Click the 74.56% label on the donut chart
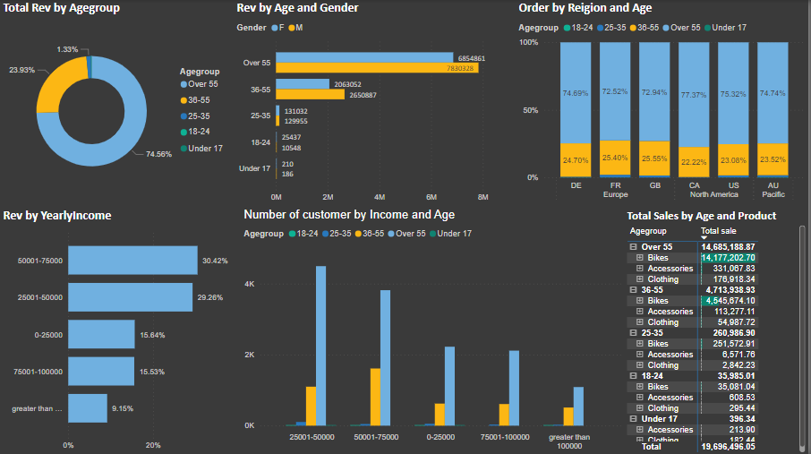tap(158, 154)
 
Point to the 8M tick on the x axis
tap(482, 196)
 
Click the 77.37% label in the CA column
tap(694, 94)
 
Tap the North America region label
tap(713, 193)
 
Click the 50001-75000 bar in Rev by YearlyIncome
tap(132, 261)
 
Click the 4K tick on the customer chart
tap(251, 284)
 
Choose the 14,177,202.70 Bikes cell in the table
tap(728, 257)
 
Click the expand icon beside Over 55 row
tap(633, 246)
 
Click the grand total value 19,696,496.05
tap(728, 446)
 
